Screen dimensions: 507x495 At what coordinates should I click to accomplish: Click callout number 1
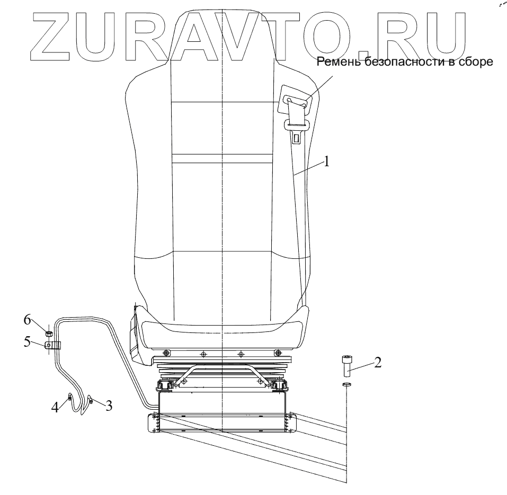(x=326, y=161)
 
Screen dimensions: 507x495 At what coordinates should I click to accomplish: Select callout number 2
(x=378, y=363)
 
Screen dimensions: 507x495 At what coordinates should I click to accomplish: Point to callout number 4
(x=55, y=407)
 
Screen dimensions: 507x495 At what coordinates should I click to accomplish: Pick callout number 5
(x=27, y=342)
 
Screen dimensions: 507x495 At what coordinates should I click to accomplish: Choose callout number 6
(x=27, y=320)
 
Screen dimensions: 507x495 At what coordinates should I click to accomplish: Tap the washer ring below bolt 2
(x=346, y=384)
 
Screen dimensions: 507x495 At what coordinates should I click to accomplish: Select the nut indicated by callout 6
(x=49, y=333)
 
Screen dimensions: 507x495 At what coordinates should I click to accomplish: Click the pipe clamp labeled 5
(x=52, y=345)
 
